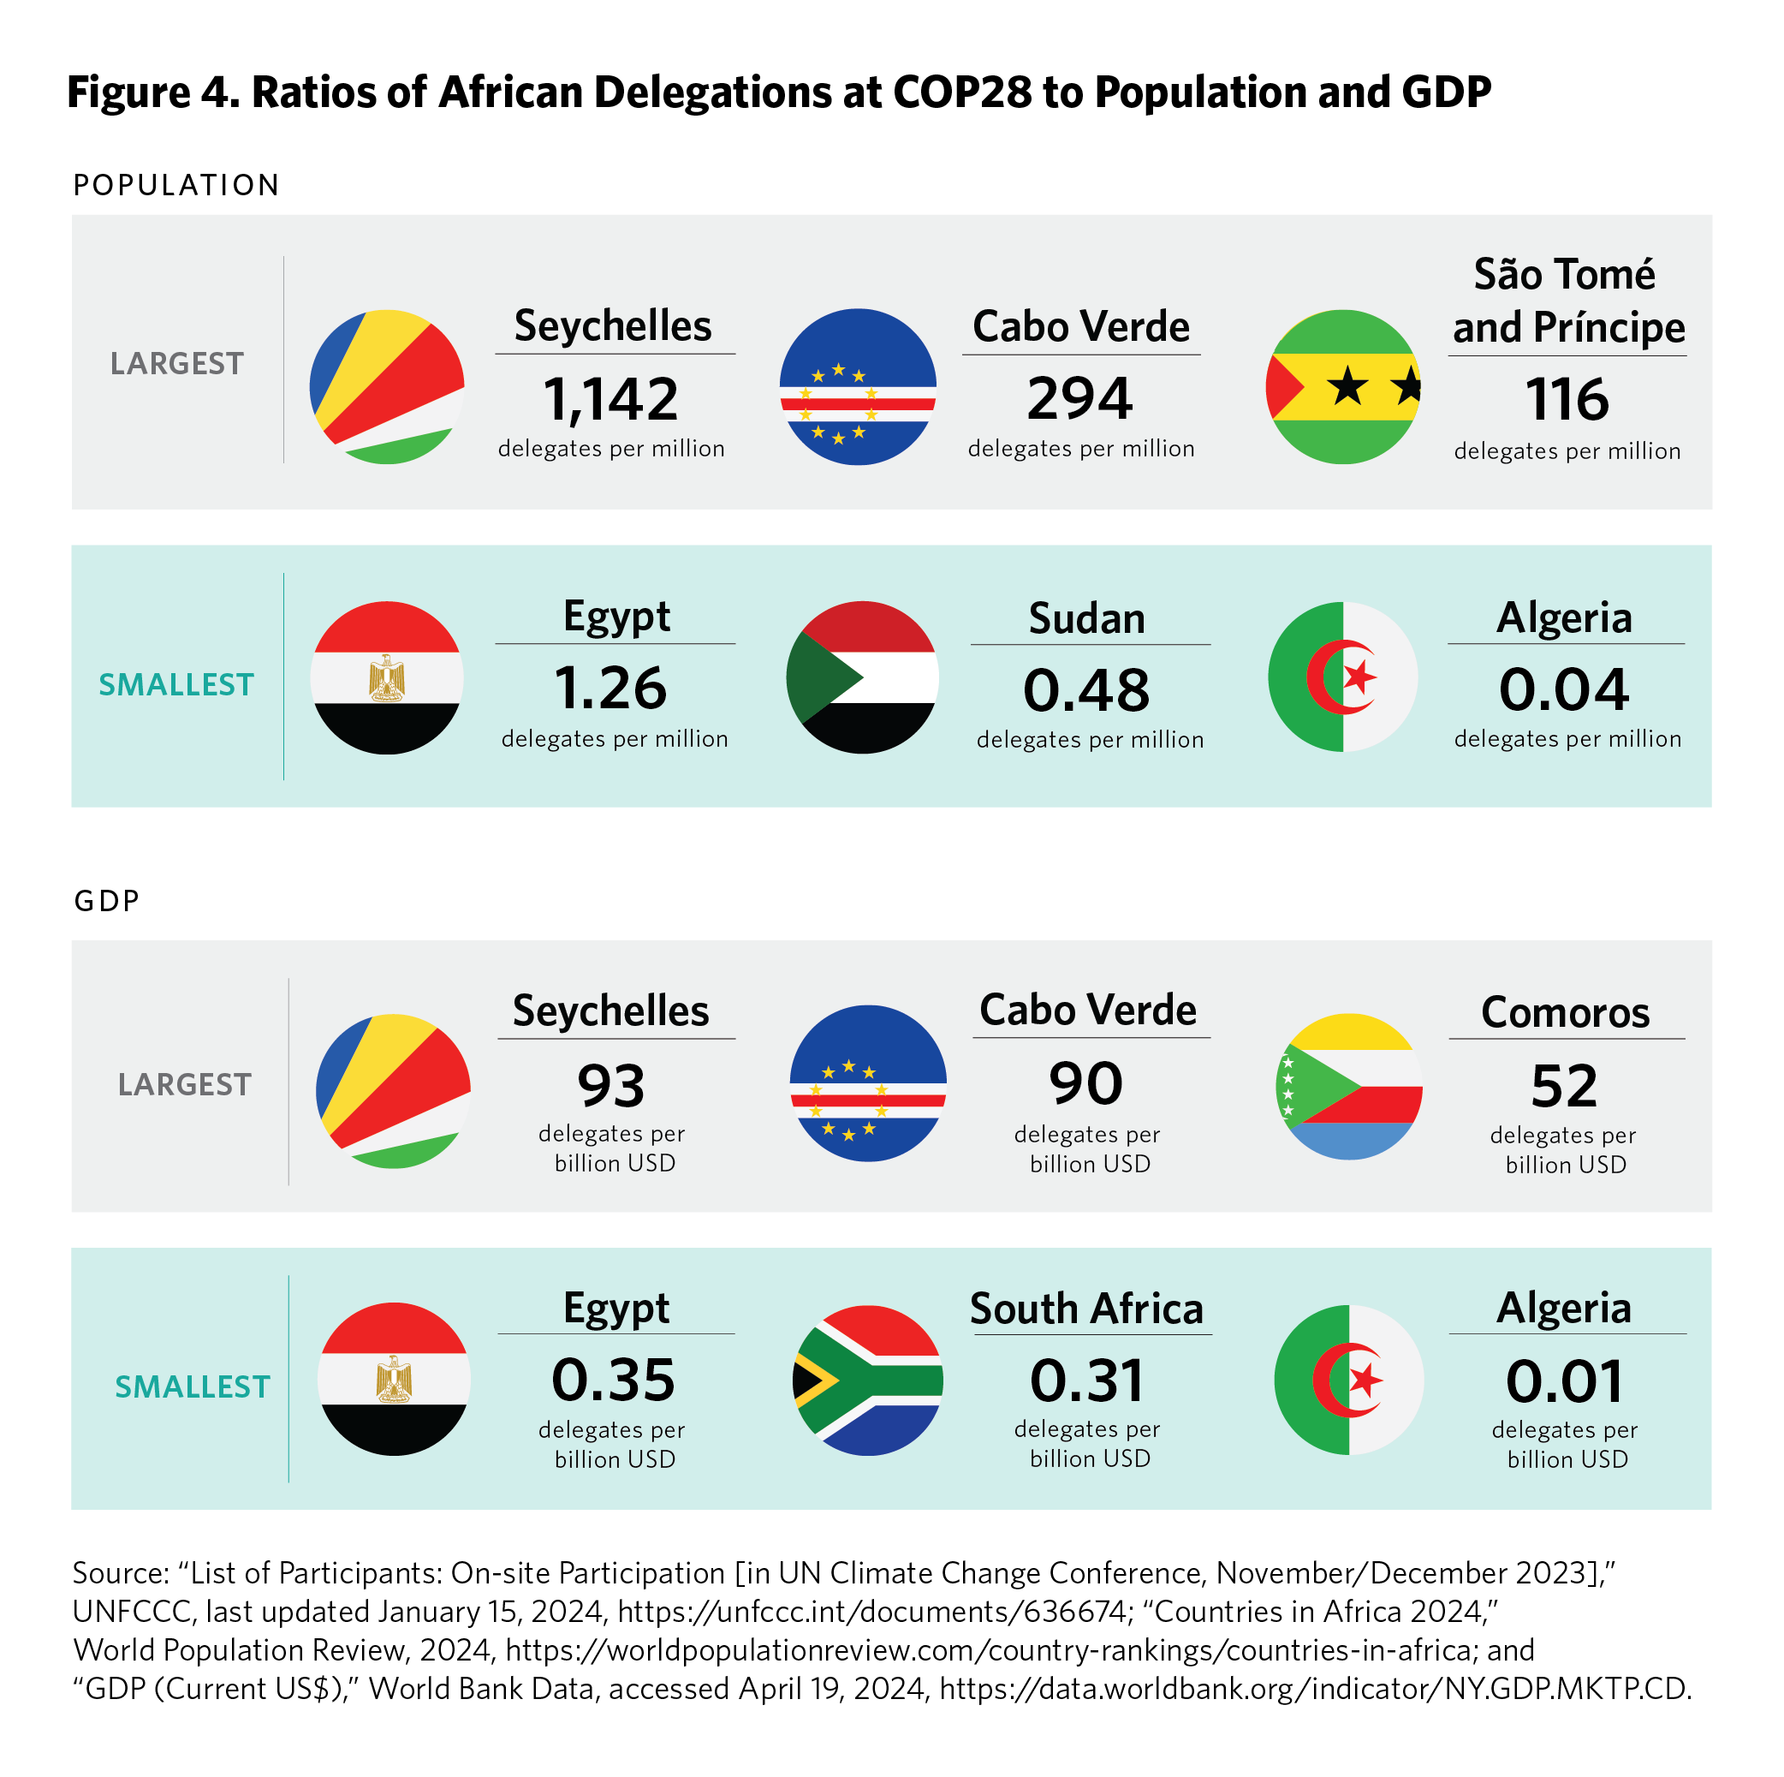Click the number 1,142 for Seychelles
pos(610,400)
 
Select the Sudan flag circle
pos(862,677)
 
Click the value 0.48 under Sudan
pos(1086,690)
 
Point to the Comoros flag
pos(1348,1086)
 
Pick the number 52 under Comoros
pos(1563,1086)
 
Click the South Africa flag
pos(868,1380)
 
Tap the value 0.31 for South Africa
pos(1087,1380)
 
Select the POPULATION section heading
pos(176,186)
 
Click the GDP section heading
pos(107,901)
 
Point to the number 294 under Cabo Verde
pos(1079,399)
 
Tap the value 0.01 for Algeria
pos(1564,1381)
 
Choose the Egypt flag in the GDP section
pos(395,1379)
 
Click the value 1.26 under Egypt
pos(610,689)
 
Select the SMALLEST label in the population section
pos(176,684)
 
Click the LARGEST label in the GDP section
pos(185,1084)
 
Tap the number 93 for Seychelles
pos(610,1086)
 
